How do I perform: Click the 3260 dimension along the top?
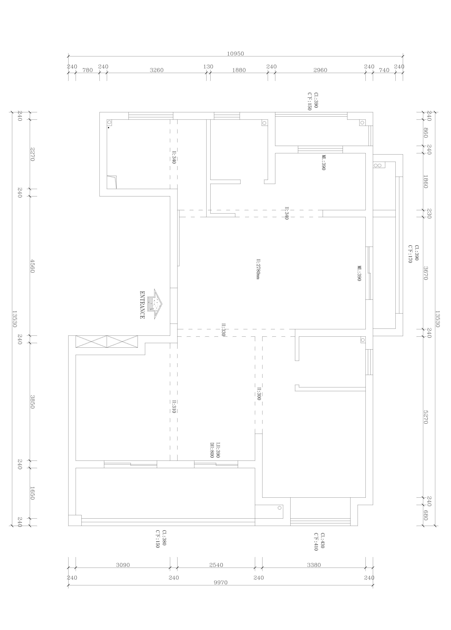[x=156, y=70]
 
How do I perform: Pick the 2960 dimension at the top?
[x=320, y=70]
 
